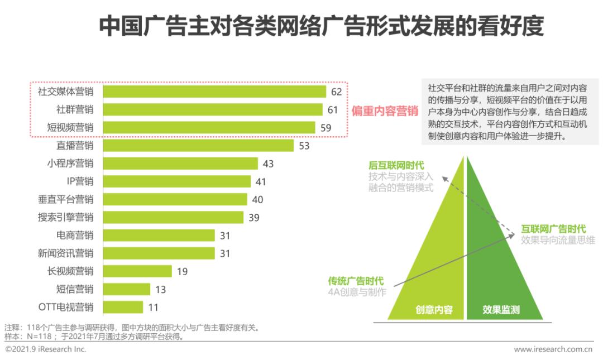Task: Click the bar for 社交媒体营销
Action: pos(214,92)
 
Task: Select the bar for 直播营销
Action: pos(198,146)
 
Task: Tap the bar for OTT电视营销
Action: pos(123,307)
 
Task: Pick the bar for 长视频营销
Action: pos(137,271)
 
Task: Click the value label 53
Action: pos(304,146)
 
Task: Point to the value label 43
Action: pos(268,164)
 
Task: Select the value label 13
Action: pos(161,289)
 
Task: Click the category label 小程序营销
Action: pos(70,164)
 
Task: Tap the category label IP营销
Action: pos(80,181)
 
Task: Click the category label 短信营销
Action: pos(75,289)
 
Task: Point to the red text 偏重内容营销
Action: pos(385,111)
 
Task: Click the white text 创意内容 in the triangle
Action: pos(434,310)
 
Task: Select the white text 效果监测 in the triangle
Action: pos(501,310)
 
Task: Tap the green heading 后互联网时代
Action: pos(396,166)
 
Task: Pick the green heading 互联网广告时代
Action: pos(553,229)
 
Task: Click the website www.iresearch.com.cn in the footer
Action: pos(553,349)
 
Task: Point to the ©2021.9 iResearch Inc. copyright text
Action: pos(46,349)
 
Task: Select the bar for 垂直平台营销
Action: pos(175,199)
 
